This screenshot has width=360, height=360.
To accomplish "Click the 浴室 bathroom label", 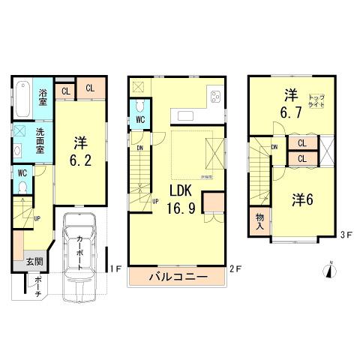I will (x=43, y=98).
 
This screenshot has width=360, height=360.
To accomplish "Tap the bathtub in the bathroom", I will (x=22, y=97).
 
